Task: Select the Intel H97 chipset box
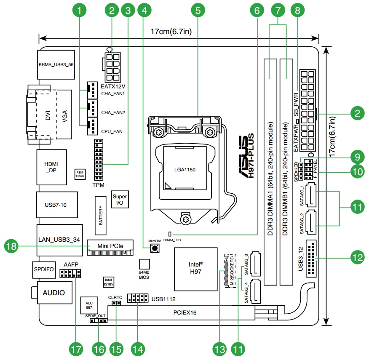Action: (195, 268)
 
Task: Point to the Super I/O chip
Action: (119, 200)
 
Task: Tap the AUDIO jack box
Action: (53, 293)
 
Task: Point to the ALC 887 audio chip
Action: (89, 305)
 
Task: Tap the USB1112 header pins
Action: (136, 298)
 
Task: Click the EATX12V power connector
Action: (112, 67)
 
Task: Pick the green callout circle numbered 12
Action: (358, 257)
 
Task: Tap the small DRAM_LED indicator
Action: (170, 233)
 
